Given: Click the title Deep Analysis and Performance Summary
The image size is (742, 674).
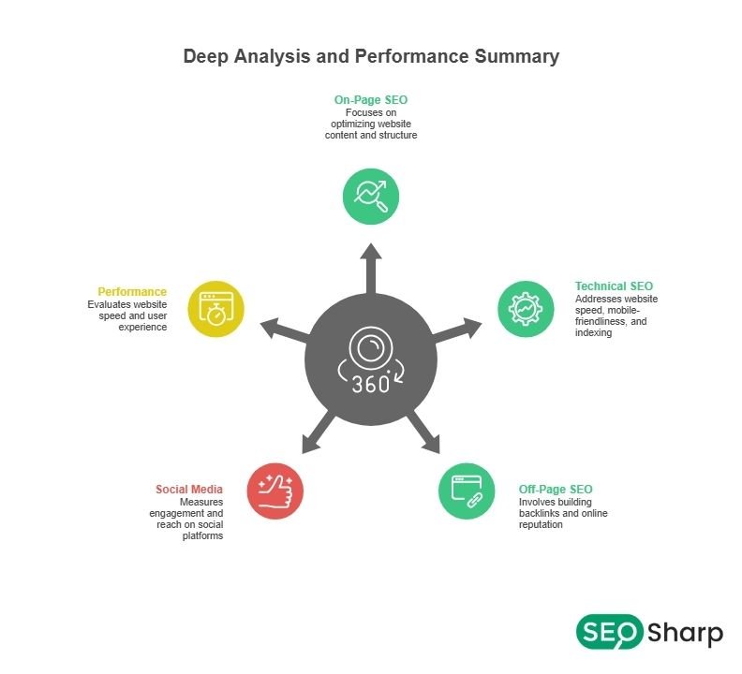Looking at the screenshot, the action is [x=371, y=56].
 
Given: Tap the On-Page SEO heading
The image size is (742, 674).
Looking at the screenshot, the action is [x=371, y=99].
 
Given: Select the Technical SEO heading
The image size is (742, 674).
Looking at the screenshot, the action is [x=614, y=286].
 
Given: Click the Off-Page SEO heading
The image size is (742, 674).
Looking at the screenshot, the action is [x=556, y=489].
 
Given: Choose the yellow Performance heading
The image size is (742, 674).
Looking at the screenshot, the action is [x=133, y=291].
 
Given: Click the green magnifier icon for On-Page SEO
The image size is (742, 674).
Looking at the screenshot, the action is [x=371, y=196].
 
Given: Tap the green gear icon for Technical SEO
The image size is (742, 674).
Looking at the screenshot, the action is [x=526, y=308].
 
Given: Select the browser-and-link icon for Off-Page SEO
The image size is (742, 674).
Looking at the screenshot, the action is [x=467, y=491].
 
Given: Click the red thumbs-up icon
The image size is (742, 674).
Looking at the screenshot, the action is [x=275, y=491].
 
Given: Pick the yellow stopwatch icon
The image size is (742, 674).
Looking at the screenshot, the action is [x=215, y=308].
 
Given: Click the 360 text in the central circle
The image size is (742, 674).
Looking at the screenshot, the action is [x=371, y=385].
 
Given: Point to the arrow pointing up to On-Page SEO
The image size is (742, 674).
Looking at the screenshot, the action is [x=371, y=267].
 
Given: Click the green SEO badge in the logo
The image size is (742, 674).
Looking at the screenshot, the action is [x=609, y=632].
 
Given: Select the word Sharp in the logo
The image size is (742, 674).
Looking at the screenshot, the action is [x=685, y=634].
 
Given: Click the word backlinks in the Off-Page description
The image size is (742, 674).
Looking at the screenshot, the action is [x=540, y=513].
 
